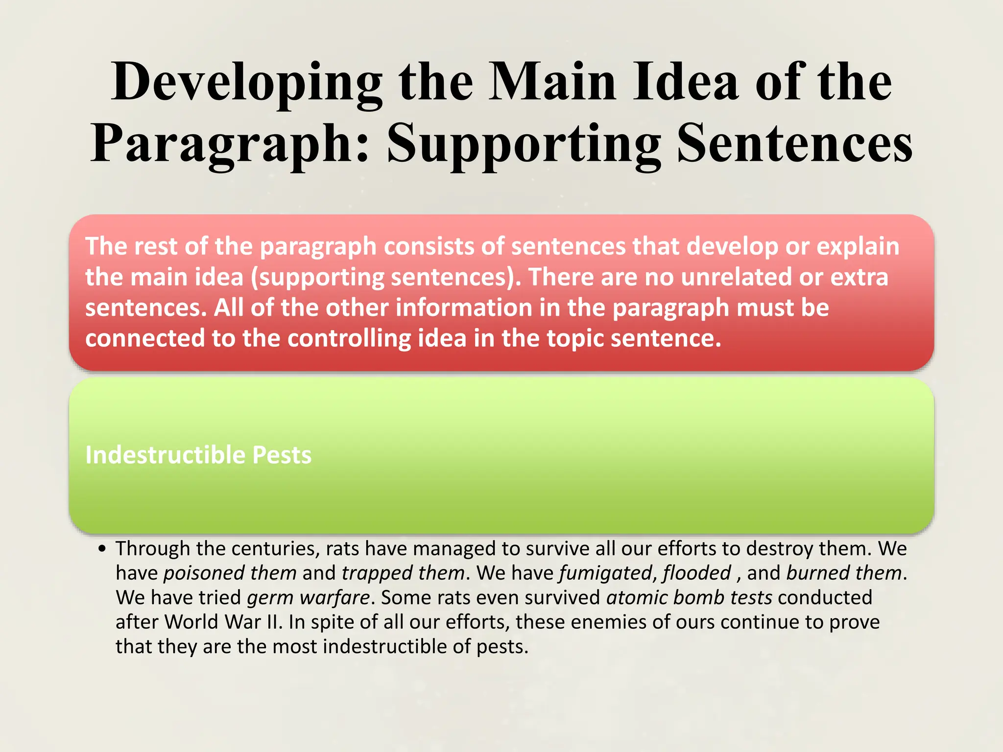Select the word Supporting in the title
coord(524,144)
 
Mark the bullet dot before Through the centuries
coord(102,549)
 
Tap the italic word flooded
coord(697,573)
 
